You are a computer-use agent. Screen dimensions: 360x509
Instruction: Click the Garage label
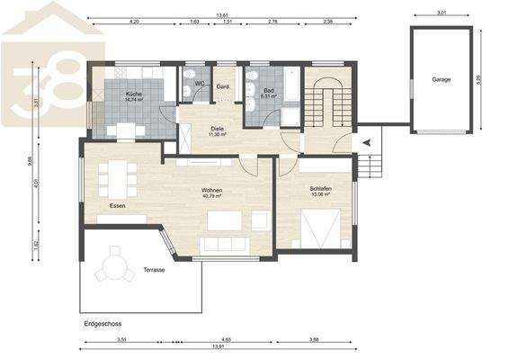point(441,79)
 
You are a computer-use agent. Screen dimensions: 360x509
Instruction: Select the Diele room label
point(217,129)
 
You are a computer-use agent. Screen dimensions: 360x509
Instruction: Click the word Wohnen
point(211,191)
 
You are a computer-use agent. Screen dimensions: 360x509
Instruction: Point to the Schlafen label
point(322,189)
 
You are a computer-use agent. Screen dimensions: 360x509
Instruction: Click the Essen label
point(117,206)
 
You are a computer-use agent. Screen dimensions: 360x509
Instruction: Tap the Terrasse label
point(153,270)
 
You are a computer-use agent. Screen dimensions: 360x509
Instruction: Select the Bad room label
point(267,90)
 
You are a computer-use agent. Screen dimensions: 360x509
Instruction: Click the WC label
point(200,84)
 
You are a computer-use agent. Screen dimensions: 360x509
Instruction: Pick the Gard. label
point(225,86)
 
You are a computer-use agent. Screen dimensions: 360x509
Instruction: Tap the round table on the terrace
point(115,267)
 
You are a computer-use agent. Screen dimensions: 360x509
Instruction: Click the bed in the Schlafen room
point(320,225)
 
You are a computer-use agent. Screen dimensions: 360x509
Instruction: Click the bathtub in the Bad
point(291,93)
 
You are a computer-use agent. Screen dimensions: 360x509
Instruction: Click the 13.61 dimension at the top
point(222,14)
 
